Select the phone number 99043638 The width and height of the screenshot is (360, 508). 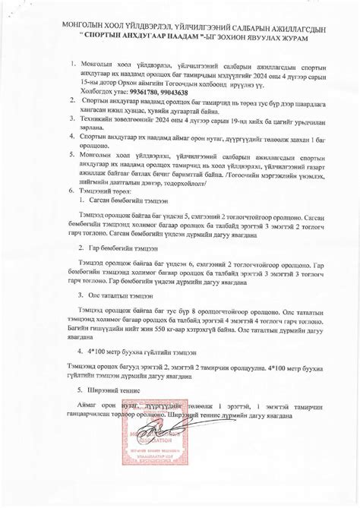pos(182,91)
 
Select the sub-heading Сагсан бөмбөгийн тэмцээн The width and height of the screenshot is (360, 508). pos(122,200)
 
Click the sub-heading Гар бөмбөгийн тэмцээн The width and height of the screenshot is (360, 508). pos(118,248)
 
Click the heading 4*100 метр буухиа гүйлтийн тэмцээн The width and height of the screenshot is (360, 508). pos(138,352)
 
